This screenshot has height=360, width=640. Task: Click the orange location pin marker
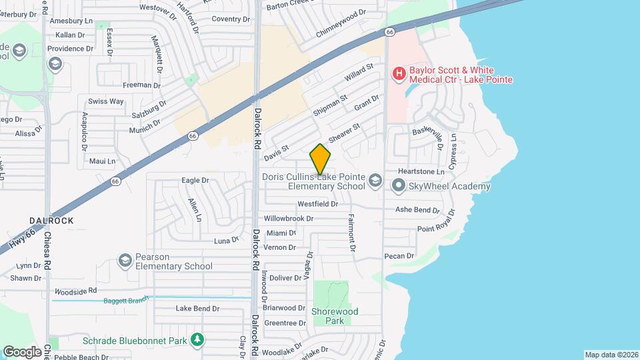pyautogui.click(x=321, y=159)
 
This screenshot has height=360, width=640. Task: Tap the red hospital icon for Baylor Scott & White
pyautogui.click(x=399, y=73)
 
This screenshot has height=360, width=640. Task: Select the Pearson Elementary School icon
pyautogui.click(x=125, y=261)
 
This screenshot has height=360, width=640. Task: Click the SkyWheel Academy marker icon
pyautogui.click(x=399, y=187)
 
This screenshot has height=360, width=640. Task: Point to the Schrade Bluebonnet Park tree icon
pyautogui.click(x=197, y=340)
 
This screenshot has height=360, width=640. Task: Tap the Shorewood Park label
pyautogui.click(x=335, y=316)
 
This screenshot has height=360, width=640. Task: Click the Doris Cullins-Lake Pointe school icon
pyautogui.click(x=375, y=181)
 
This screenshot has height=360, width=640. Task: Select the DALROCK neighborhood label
pyautogui.click(x=51, y=220)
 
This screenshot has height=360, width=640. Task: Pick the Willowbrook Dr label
pyautogui.click(x=289, y=218)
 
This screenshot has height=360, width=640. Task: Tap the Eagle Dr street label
pyautogui.click(x=195, y=180)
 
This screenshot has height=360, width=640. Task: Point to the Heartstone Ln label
pyautogui.click(x=421, y=172)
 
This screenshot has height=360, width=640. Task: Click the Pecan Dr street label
pyautogui.click(x=399, y=255)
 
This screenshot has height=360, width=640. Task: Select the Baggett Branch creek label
pyautogui.click(x=125, y=301)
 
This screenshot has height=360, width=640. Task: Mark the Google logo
pyautogui.click(x=23, y=351)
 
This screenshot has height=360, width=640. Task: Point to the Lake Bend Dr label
pyautogui.click(x=197, y=309)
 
